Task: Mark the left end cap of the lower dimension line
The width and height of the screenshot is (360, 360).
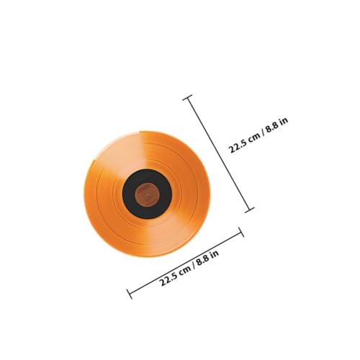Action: click(x=129, y=293)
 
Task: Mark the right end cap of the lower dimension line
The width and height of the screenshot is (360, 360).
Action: click(x=241, y=232)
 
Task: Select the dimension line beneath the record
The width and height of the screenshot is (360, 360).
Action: click(x=185, y=263)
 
